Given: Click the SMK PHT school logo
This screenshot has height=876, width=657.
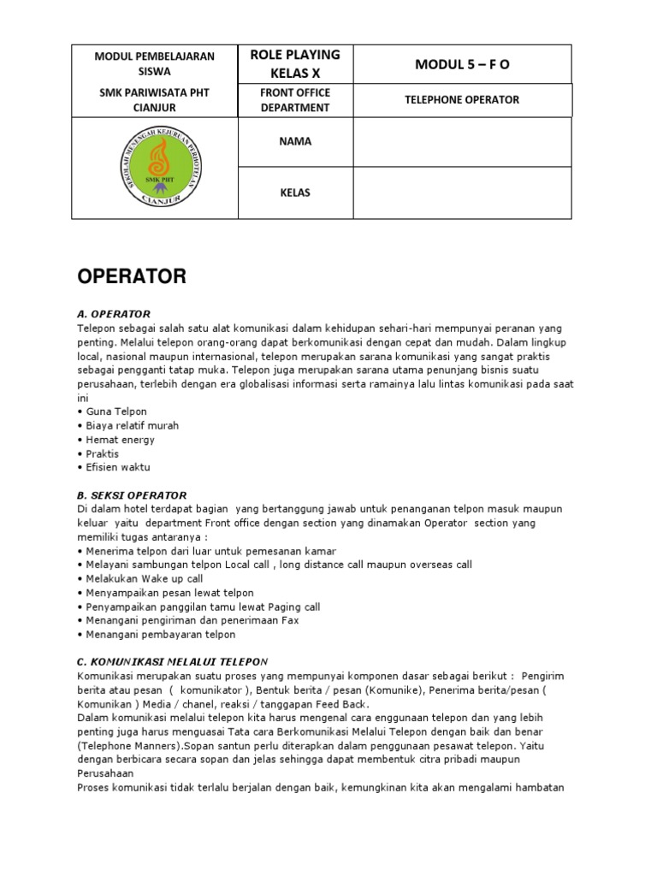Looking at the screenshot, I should click(154, 168).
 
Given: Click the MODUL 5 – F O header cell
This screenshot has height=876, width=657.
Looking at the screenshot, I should click(462, 64).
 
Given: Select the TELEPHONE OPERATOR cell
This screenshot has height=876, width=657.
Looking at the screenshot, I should click(462, 100).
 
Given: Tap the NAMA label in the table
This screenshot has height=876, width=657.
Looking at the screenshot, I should click(295, 142).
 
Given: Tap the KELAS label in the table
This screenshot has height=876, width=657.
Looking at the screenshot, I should click(295, 192).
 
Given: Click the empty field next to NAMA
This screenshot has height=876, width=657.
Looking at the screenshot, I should click(462, 142).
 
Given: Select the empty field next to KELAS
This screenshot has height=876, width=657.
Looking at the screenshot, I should click(462, 192).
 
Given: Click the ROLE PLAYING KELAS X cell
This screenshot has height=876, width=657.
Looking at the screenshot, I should click(295, 64).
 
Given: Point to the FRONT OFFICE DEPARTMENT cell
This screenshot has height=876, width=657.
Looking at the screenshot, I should click(295, 100).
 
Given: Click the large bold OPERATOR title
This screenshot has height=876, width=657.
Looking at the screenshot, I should click(132, 277).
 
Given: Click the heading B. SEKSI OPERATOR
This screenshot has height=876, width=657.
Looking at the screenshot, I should click(132, 495).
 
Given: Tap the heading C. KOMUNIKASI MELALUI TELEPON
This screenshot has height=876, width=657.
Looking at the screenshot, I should click(172, 661).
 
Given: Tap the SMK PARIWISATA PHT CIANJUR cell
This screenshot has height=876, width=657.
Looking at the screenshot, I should click(155, 100).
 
